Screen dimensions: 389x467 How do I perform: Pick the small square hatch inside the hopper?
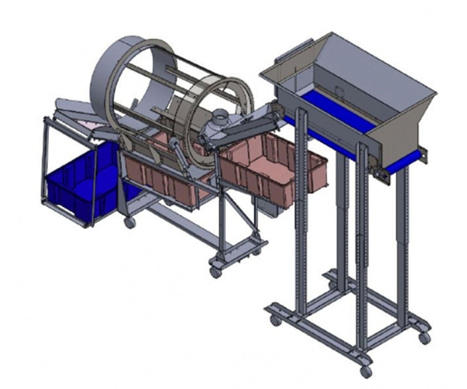338,90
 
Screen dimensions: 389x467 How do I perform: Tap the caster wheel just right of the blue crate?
129,223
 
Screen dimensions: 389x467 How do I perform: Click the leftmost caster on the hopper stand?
275,322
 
